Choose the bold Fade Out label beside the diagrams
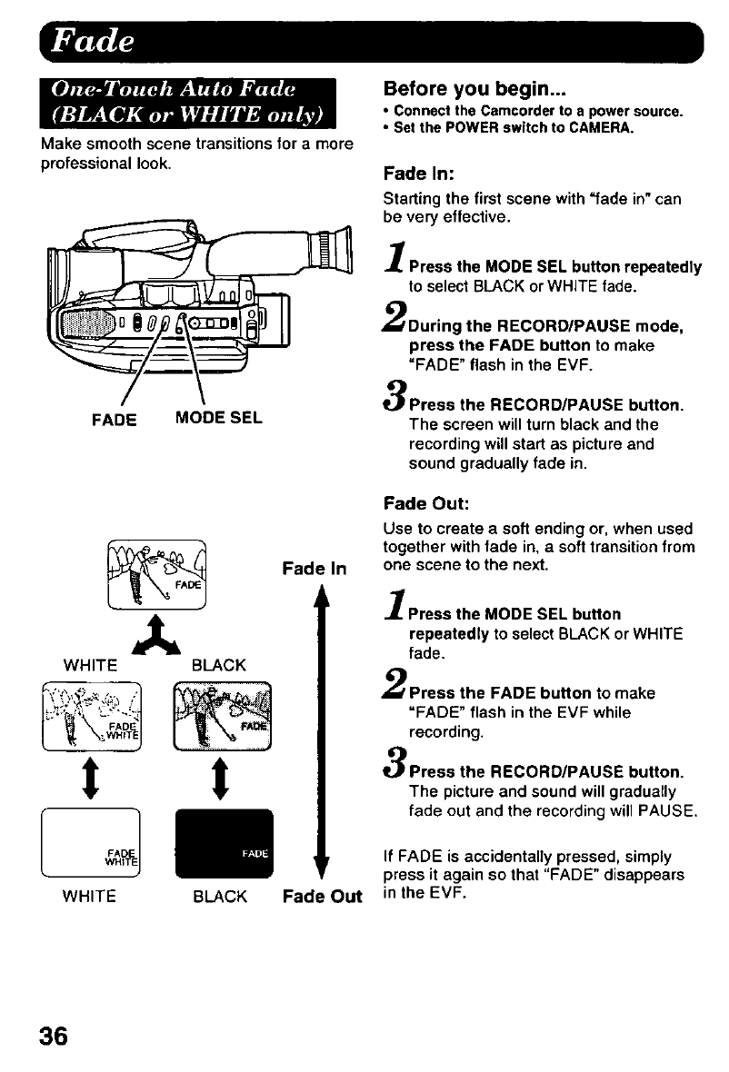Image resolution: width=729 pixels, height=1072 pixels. point(322,898)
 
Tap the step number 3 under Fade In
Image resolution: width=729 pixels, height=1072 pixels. point(396,396)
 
